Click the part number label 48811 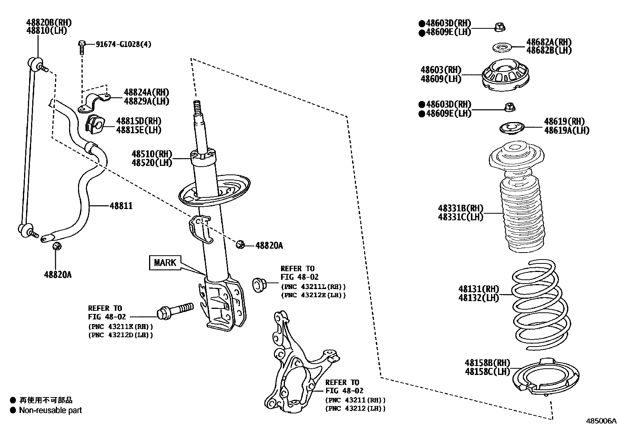click(121, 206)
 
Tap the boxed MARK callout click(165, 263)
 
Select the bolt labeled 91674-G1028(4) click(82, 47)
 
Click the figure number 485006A click(601, 421)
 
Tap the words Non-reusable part click(50, 410)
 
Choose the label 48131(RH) click(478, 289)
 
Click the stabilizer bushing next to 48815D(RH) click(94, 124)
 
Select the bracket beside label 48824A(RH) click(95, 101)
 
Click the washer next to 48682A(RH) click(502, 48)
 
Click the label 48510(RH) click(151, 154)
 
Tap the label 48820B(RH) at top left click(49, 23)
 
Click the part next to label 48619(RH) click(510, 128)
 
